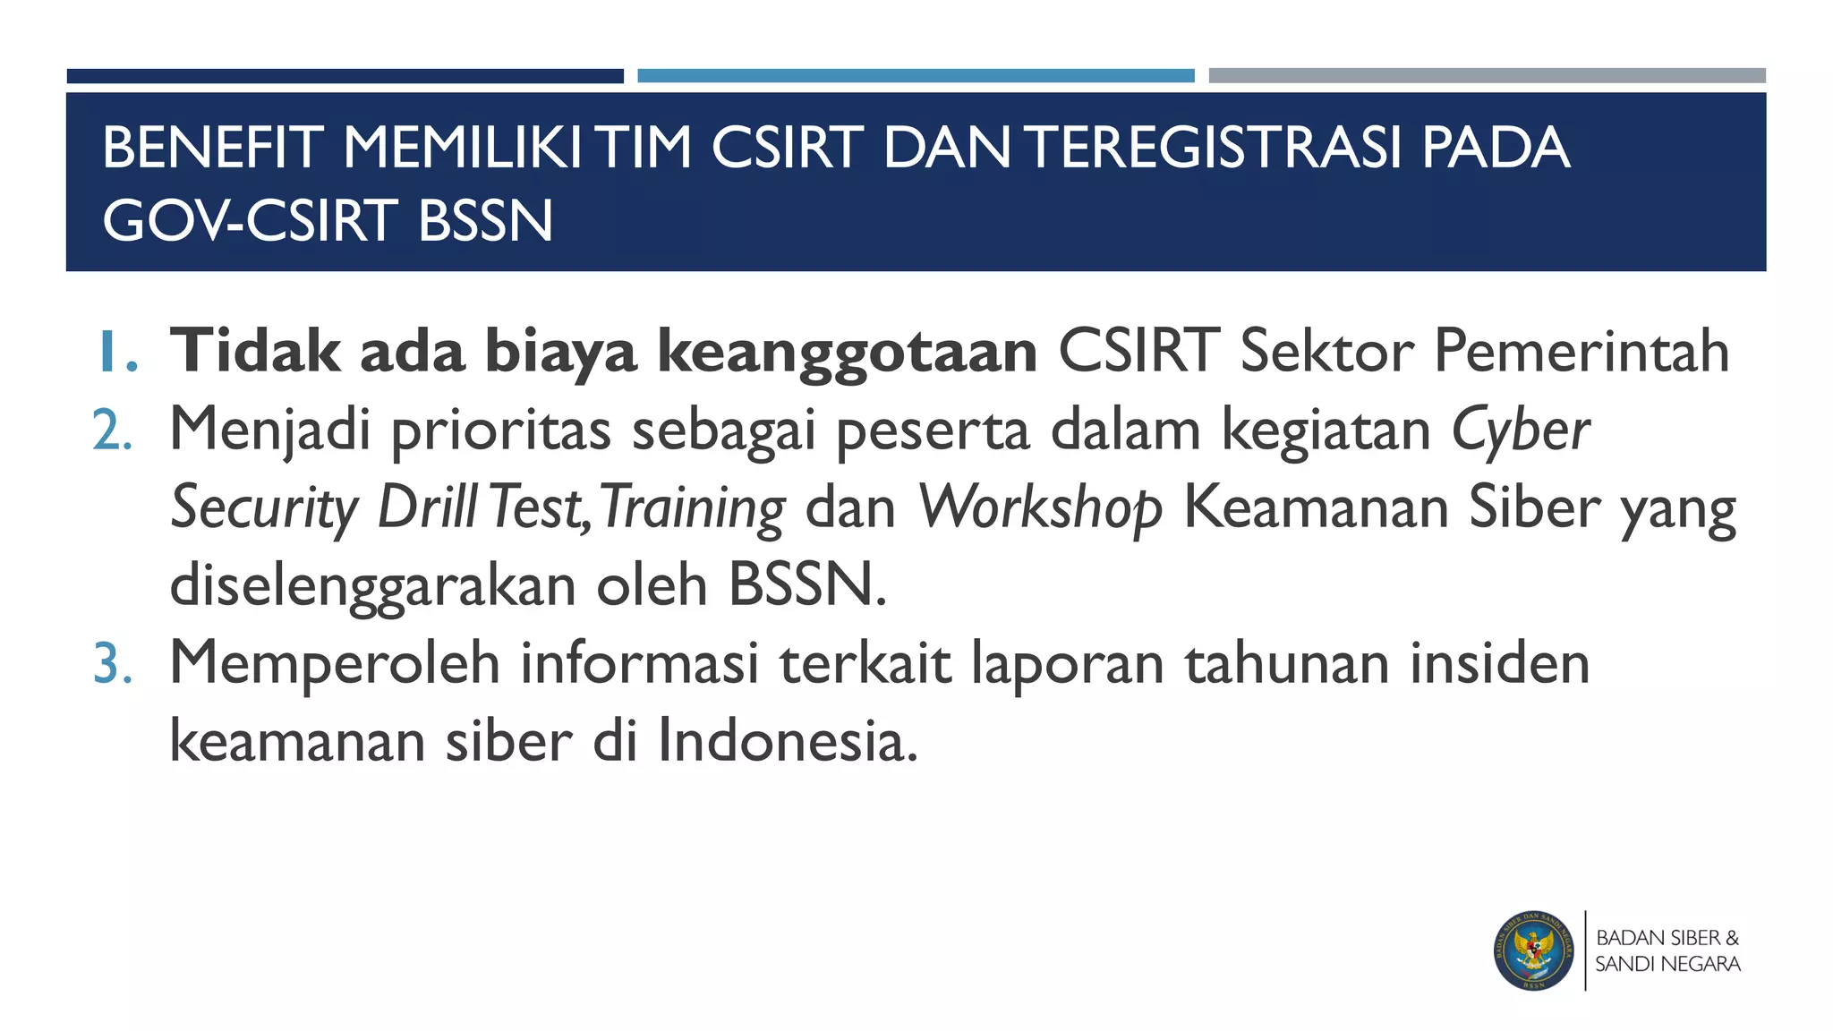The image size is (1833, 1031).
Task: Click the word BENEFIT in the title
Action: pos(212,148)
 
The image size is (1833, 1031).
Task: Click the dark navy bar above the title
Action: pos(345,76)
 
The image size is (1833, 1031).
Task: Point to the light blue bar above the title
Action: pos(916,76)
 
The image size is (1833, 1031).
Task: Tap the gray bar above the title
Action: pos(1487,76)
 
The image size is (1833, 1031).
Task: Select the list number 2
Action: pos(114,430)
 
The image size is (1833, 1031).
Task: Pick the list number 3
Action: pos(114,665)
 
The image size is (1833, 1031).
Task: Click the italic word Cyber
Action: pos(1520,430)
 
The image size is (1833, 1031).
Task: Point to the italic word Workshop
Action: pos(1040,509)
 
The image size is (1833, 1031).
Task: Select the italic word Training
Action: pos(693,509)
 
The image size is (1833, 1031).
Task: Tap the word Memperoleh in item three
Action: pos(334,663)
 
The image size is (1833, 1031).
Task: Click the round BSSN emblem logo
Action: pos(1533,951)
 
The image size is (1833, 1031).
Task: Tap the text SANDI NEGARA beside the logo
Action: pos(1667,965)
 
